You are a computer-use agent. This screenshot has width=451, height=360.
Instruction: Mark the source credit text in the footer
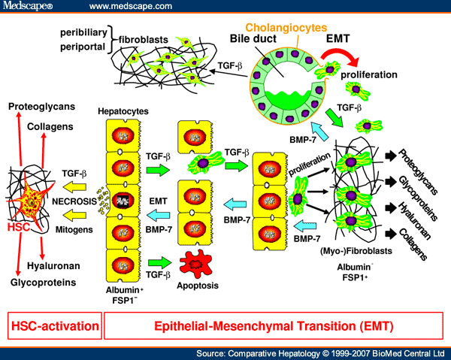click(x=320, y=352)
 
